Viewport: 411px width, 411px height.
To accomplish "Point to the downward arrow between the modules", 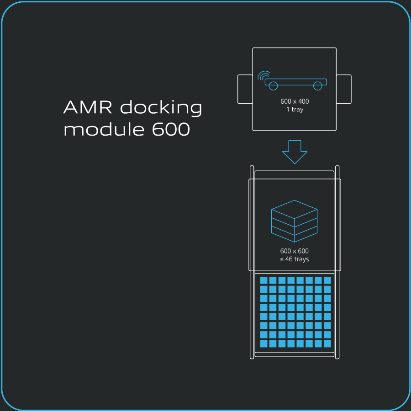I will [x=295, y=152].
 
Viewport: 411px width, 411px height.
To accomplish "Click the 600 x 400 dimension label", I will [x=295, y=101].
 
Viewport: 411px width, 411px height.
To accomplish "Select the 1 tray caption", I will [x=295, y=110].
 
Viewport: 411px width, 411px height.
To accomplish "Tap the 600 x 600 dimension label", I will [x=295, y=251].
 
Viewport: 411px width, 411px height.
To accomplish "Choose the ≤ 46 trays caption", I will [x=295, y=259].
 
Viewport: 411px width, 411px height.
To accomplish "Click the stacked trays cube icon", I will [x=295, y=221].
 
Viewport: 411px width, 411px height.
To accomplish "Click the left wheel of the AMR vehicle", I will [x=273, y=85].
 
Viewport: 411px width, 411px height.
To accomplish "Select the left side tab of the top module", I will [x=245, y=89].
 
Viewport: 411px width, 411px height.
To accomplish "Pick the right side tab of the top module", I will [x=344, y=89].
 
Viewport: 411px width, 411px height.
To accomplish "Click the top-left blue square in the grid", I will [x=263, y=280].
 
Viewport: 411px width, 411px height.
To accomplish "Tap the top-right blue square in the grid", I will [x=327, y=280].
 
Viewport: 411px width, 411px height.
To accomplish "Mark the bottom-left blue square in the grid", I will [x=263, y=343].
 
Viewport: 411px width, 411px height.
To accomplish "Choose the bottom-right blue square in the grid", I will [x=327, y=343].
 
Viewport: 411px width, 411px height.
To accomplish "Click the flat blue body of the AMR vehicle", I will [x=296, y=82].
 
